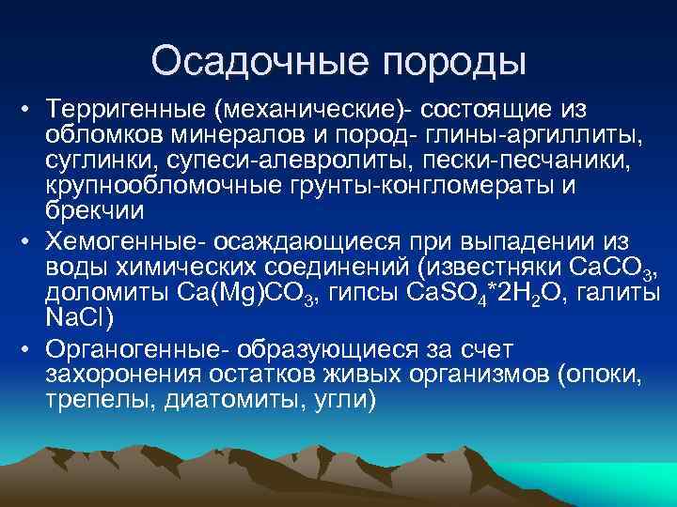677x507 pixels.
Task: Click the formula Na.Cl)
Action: click(x=79, y=319)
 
